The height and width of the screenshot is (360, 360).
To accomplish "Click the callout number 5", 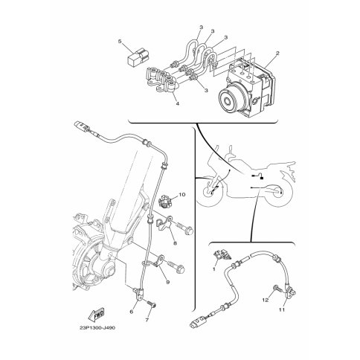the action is click(x=120, y=41).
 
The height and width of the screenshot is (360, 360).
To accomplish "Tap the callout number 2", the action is click(x=277, y=53).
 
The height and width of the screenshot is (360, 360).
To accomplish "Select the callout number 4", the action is click(x=177, y=103).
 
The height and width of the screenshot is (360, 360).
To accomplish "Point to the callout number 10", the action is click(x=182, y=195).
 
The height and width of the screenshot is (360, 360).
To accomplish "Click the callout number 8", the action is click(x=176, y=243).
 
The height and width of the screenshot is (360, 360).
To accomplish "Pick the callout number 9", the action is click(x=168, y=282).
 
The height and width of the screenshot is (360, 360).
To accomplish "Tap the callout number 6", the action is click(x=132, y=312).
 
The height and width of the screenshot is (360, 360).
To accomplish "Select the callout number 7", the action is click(x=147, y=320).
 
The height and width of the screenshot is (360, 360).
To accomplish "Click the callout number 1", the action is click(x=214, y=269).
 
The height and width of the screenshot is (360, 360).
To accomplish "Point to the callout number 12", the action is click(x=266, y=300).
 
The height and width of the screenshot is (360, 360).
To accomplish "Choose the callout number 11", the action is click(x=282, y=309).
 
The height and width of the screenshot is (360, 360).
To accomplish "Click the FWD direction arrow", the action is click(x=96, y=314).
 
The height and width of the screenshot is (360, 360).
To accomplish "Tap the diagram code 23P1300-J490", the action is click(x=97, y=328).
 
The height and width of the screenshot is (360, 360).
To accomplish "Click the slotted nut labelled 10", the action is click(x=164, y=201).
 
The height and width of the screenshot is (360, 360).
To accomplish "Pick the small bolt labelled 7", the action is click(x=152, y=303).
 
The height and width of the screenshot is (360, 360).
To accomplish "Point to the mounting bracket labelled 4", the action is click(x=161, y=80).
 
